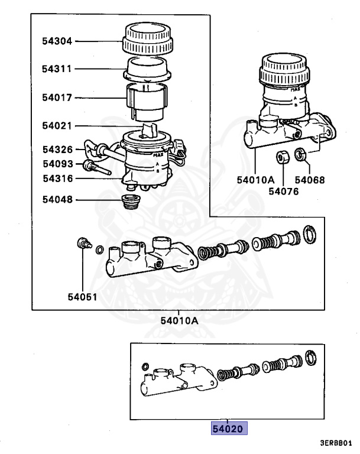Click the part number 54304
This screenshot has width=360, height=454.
click(57, 41)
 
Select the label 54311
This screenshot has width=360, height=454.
click(57, 69)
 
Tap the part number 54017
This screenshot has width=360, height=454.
click(57, 98)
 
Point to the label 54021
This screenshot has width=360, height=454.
click(57, 125)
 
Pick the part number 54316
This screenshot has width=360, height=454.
click(57, 178)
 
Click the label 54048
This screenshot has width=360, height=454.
click(57, 200)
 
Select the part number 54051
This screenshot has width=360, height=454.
click(82, 297)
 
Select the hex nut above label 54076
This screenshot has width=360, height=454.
click(283, 158)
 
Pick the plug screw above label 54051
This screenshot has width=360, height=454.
click(83, 242)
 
